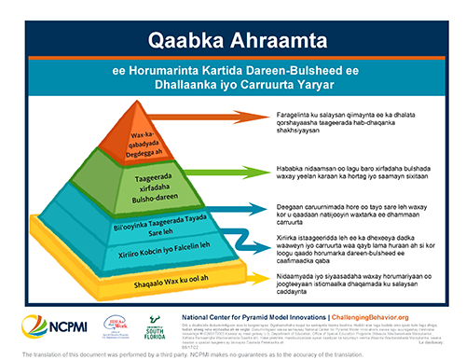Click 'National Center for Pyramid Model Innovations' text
click(x=254, y=316)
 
